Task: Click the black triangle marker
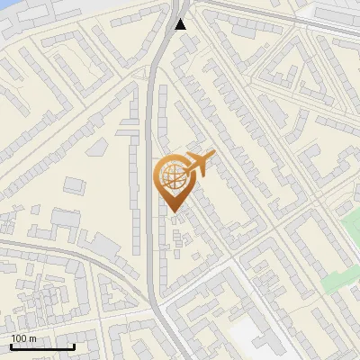[x=182, y=24]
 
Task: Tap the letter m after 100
[x=33, y=338]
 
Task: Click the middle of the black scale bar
[x=42, y=346]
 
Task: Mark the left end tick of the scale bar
[x=11, y=345]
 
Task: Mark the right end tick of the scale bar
[x=74, y=345]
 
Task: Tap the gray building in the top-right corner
[x=337, y=13]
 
